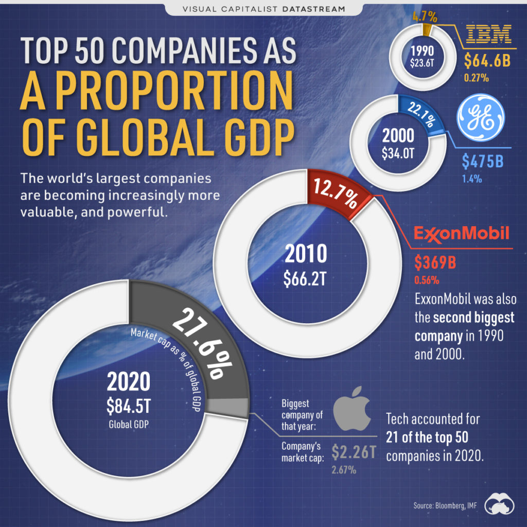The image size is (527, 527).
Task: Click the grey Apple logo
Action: (352, 412)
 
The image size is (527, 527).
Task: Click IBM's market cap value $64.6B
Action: (486, 61)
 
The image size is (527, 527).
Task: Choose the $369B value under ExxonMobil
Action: (435, 262)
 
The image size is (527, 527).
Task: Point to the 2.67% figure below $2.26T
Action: (343, 469)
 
